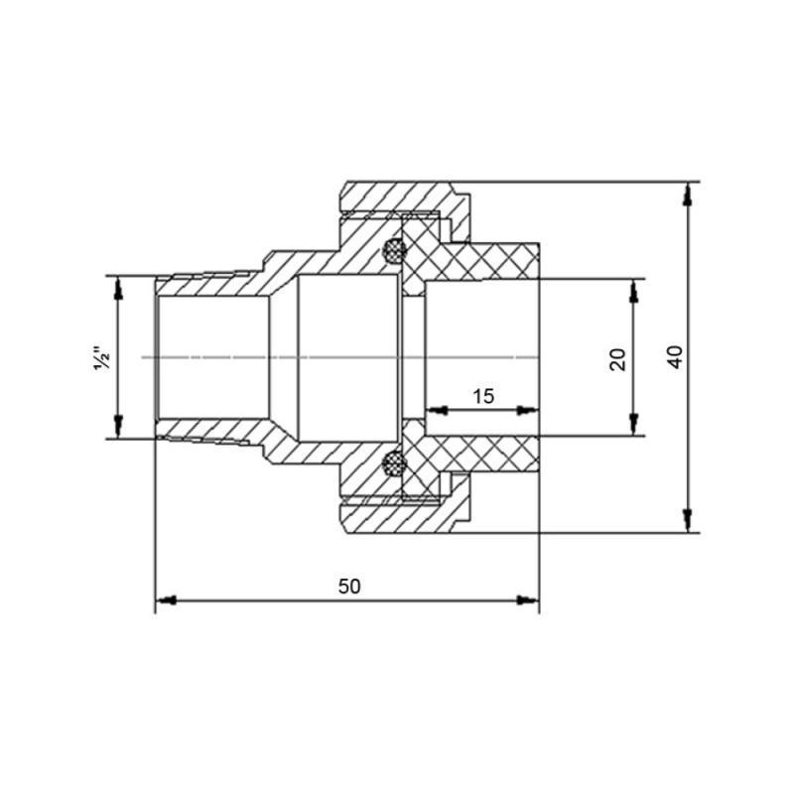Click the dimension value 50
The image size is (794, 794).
click(x=348, y=587)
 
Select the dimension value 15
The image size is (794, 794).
click(x=482, y=397)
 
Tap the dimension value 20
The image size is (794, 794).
click(x=618, y=357)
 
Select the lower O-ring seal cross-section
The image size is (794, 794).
click(x=394, y=463)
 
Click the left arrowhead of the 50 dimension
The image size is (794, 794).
click(x=165, y=600)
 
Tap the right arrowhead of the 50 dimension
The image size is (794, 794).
click(x=530, y=600)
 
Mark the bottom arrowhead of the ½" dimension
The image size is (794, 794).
click(x=118, y=428)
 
